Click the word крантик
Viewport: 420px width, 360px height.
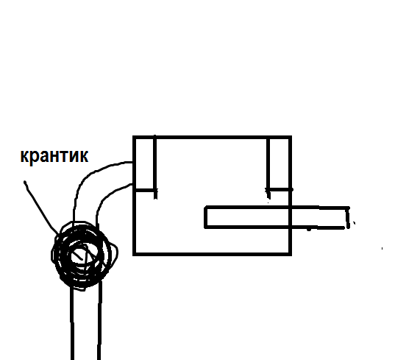[54, 156]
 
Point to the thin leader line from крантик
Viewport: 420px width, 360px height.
[40, 207]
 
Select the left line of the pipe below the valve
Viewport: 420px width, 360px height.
[72, 324]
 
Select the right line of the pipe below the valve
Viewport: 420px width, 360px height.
[99, 320]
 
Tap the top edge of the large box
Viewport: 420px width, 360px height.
[212, 138]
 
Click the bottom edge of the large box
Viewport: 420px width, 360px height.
[212, 254]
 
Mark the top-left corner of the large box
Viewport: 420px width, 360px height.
[134, 137]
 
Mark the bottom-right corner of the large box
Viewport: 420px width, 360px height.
[291, 255]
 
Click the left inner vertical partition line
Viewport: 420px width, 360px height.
[154, 167]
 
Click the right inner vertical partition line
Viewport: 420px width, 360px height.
[268, 168]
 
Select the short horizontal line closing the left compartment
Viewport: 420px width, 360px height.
[146, 191]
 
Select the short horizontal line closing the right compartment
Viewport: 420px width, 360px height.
[280, 189]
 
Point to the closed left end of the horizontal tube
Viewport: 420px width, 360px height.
[206, 217]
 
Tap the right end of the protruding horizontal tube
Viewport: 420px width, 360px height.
[348, 217]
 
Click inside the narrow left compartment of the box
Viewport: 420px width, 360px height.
[145, 164]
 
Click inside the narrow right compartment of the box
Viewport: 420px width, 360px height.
[280, 163]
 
